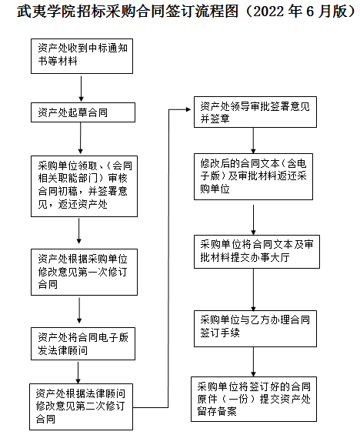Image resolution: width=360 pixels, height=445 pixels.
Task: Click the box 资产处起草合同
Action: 83,112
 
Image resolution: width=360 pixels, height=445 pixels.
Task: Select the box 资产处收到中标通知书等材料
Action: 82,56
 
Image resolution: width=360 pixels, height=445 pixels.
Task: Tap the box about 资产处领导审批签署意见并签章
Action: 255,112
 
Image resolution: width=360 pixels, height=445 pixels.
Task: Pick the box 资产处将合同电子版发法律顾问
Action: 83,343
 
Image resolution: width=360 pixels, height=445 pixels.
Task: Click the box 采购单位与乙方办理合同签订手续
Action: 255,328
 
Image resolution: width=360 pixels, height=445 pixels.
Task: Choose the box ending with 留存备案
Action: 254,399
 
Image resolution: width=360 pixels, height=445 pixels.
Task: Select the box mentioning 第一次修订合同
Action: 84,272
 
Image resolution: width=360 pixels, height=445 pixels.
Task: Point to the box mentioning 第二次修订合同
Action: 81,407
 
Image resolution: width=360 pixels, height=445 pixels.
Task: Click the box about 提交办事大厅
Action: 256,252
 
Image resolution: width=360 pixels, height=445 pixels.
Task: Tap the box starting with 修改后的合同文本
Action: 253,176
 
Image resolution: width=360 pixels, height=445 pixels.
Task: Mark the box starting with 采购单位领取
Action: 84,186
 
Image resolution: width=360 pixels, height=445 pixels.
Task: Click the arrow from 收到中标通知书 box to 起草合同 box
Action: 81,89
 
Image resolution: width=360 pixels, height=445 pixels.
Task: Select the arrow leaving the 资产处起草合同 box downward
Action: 81,139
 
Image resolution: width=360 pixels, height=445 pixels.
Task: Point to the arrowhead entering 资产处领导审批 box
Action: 188,109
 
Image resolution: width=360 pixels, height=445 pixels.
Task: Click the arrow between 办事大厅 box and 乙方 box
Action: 253,289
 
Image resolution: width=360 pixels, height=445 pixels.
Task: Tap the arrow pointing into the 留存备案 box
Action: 253,362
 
